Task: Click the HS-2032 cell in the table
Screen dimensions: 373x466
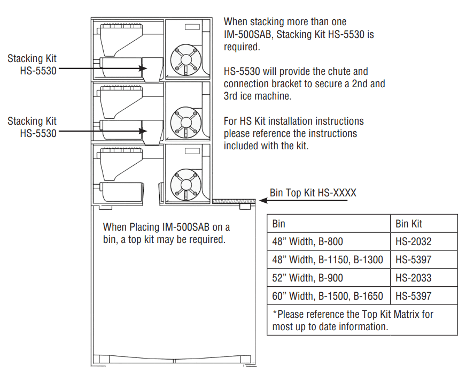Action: (x=414, y=241)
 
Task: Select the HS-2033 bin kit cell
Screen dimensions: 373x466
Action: (x=414, y=278)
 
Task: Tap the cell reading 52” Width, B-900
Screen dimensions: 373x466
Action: (x=308, y=278)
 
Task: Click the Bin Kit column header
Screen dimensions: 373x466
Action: (x=409, y=223)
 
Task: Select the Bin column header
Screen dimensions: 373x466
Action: (x=279, y=223)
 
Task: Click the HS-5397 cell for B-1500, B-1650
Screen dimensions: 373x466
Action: (x=414, y=296)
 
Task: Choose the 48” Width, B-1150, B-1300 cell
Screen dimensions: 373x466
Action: (x=328, y=260)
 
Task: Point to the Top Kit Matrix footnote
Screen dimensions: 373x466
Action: (x=353, y=320)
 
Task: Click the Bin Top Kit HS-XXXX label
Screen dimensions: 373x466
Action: (x=313, y=193)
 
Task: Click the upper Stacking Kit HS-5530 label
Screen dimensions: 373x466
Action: (x=32, y=64)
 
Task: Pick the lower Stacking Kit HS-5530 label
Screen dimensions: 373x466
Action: (x=32, y=127)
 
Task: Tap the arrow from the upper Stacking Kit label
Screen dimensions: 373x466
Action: (x=102, y=68)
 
